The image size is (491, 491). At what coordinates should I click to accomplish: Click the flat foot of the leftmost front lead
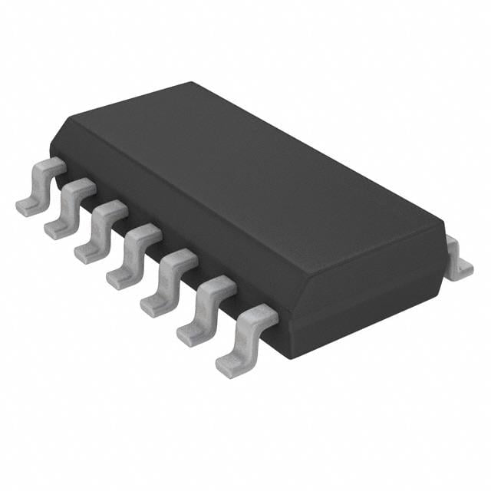click(28, 206)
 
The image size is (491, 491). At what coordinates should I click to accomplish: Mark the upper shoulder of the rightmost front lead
click(261, 315)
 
